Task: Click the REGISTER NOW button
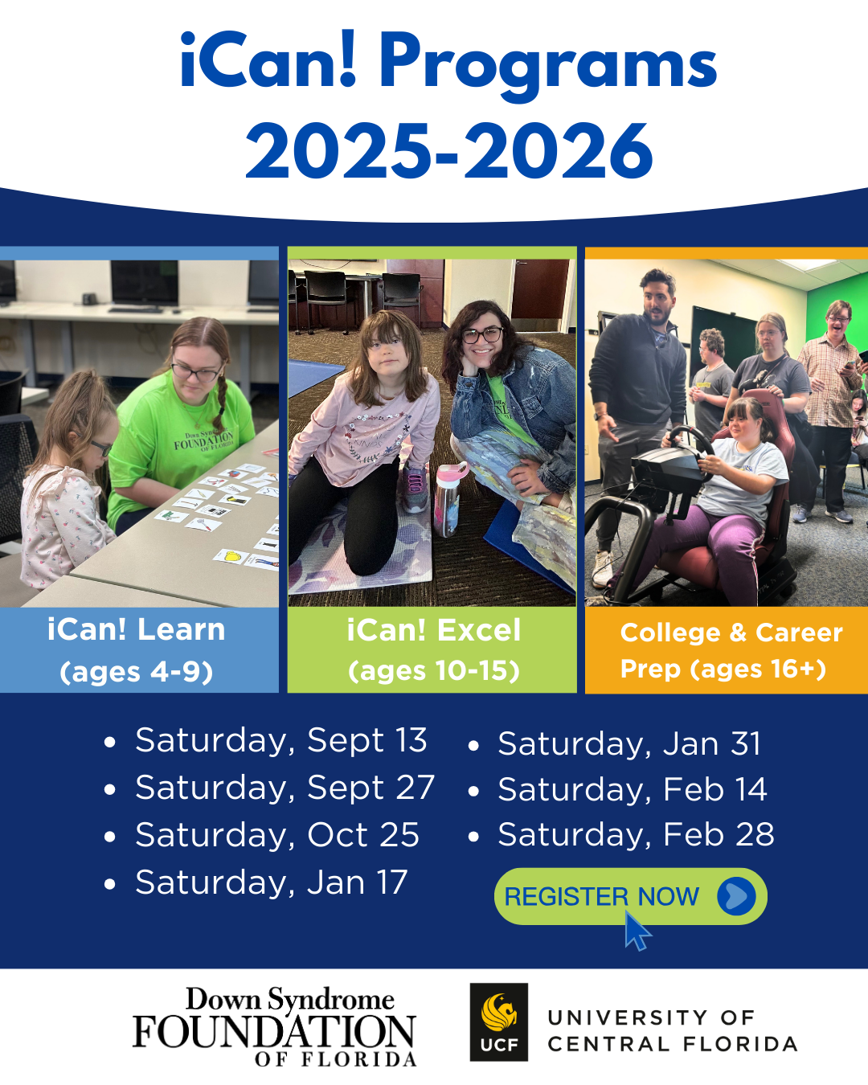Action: click(x=630, y=896)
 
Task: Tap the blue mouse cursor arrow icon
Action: click(x=637, y=931)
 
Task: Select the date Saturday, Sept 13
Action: click(x=281, y=741)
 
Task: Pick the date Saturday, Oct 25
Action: click(x=277, y=835)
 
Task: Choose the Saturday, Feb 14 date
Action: click(x=632, y=789)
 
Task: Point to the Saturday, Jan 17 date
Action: click(x=272, y=882)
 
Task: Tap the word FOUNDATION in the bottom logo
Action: click(x=274, y=1031)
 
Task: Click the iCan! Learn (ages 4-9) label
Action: click(x=136, y=650)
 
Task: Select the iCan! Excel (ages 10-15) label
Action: click(x=433, y=650)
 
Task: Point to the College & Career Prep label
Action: click(x=731, y=650)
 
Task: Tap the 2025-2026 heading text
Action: click(x=449, y=151)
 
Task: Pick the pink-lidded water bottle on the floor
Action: click(x=448, y=499)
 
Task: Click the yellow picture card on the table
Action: click(x=231, y=557)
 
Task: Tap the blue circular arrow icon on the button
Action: click(x=736, y=896)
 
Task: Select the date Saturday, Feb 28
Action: click(x=636, y=835)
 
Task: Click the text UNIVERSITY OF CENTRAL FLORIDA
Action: click(x=673, y=1030)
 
